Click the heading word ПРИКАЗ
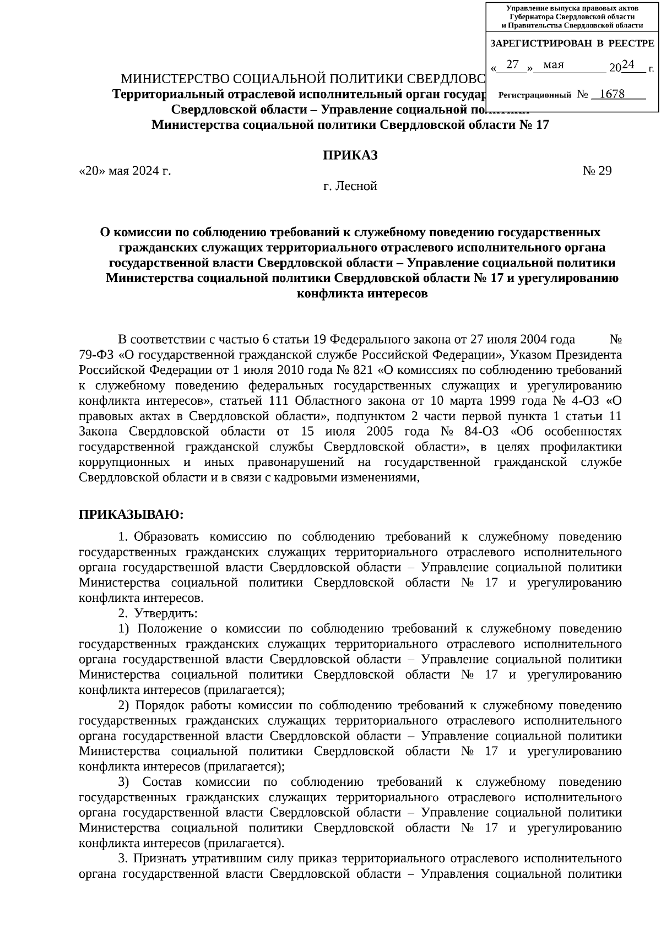click(350, 155)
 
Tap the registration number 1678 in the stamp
click(611, 94)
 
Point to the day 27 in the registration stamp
click(513, 65)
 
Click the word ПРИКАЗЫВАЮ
click(130, 514)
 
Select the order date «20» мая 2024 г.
click(125, 171)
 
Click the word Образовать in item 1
click(167, 537)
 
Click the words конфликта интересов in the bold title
click(362, 293)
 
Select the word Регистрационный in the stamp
click(534, 95)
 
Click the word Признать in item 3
click(162, 858)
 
